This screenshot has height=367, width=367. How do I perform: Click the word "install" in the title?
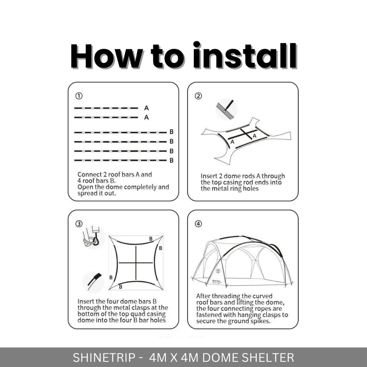[245, 56]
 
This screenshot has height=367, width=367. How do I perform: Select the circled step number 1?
[79, 96]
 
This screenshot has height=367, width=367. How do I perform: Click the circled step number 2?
[199, 96]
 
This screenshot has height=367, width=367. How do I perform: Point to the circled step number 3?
[79, 224]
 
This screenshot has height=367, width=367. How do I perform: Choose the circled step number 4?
[199, 224]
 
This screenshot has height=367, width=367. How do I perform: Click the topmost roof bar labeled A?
[106, 108]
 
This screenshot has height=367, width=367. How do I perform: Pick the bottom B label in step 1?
[172, 161]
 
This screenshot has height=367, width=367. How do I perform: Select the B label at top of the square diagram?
[151, 239]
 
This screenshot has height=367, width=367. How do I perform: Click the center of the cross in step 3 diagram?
[136, 263]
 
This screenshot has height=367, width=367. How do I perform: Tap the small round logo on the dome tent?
[218, 271]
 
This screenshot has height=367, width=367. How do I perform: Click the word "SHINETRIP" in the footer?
[104, 358]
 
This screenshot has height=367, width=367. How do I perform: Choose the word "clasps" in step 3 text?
[140, 308]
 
